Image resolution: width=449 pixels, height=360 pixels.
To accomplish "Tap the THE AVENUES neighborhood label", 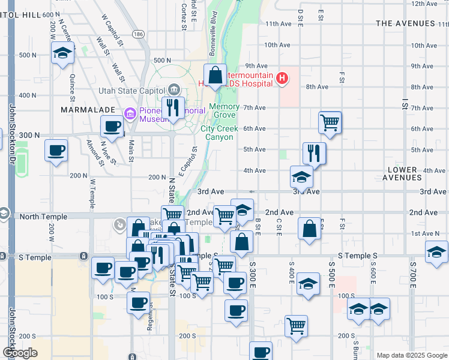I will click(x=405, y=23).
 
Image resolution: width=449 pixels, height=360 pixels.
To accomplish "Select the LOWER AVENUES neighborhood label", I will click(x=402, y=174).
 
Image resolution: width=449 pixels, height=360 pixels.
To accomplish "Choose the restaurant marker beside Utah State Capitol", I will click(x=173, y=109).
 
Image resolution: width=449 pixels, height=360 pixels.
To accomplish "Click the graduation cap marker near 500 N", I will click(x=62, y=54).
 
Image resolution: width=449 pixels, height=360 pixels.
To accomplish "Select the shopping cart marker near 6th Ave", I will click(x=330, y=122).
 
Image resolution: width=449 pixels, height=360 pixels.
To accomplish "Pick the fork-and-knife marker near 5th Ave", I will click(x=315, y=154).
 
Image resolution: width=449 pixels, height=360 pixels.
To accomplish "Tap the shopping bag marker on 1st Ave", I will click(x=310, y=229).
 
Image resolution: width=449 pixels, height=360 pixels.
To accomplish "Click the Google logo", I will click(x=20, y=353).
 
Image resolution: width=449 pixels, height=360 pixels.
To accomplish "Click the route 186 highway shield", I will click(x=139, y=34).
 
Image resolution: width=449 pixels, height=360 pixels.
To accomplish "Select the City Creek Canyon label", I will click(x=219, y=133).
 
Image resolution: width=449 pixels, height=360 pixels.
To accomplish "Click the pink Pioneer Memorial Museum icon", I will click(x=128, y=113).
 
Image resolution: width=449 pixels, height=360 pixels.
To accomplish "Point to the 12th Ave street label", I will click(x=423, y=4).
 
